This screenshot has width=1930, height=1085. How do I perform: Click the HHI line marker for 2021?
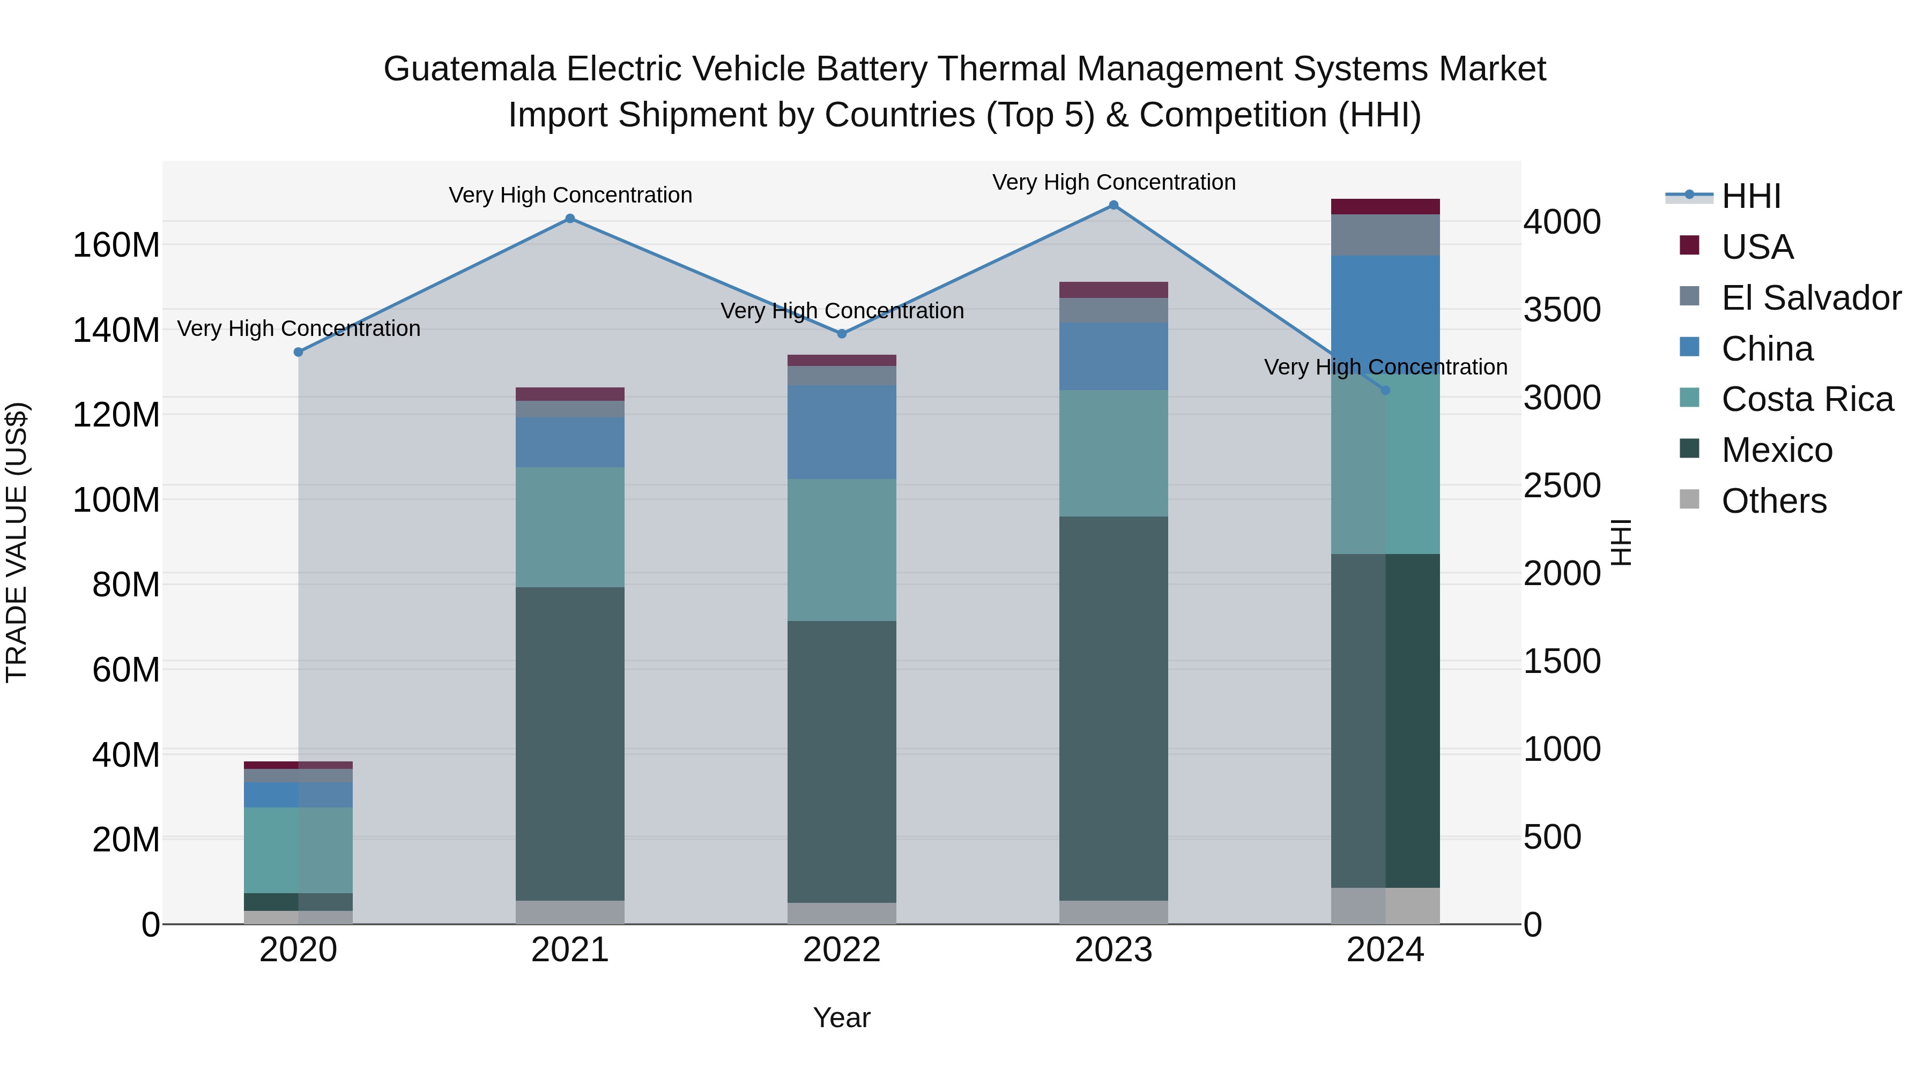tap(570, 219)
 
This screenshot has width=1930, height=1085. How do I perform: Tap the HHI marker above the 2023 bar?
tap(1114, 205)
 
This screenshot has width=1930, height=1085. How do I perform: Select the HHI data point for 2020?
tap(298, 352)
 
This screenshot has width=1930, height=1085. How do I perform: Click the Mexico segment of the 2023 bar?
tap(1114, 708)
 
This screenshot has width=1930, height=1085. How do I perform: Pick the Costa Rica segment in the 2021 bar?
tap(570, 527)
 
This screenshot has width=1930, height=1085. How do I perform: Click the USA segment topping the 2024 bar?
tap(1385, 207)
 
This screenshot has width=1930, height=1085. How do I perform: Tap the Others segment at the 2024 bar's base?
tap(1385, 906)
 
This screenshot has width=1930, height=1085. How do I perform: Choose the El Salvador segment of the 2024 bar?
tap(1385, 235)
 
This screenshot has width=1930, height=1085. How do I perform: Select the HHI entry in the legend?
tap(1750, 196)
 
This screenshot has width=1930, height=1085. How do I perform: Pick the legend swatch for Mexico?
tap(1689, 450)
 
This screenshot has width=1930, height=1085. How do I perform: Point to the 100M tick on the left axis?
tap(116, 499)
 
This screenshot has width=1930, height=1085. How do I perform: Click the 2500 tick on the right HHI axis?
tap(1562, 486)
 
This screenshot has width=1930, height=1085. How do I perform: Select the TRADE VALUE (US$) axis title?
tap(17, 542)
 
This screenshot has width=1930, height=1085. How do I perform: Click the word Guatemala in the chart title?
tap(469, 69)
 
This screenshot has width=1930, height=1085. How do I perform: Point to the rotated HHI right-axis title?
tap(1621, 542)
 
